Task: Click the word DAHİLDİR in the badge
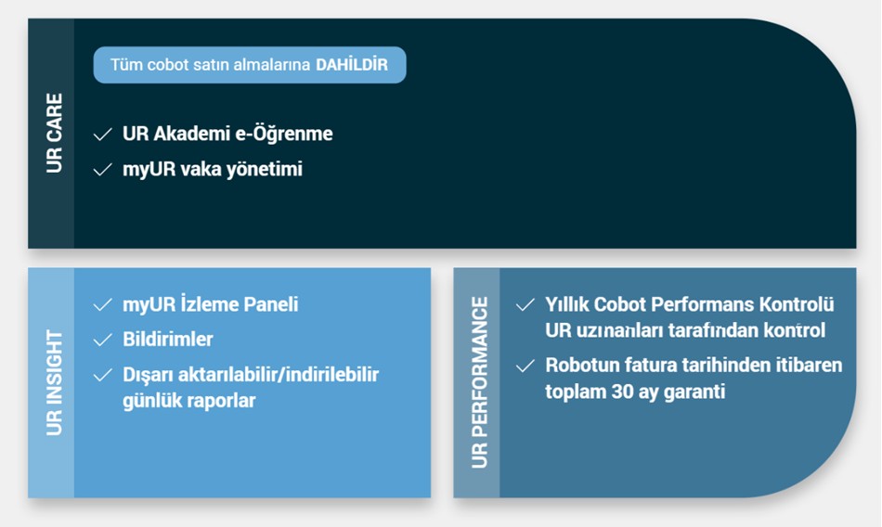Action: coord(352,65)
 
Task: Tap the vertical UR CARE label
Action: coord(54,134)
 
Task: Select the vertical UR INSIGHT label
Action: coord(54,382)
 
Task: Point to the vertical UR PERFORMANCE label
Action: coord(479,382)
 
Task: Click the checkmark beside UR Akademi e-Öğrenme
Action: coord(102,135)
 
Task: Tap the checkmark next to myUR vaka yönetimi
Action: coord(102,169)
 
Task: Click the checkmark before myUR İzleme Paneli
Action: coord(102,305)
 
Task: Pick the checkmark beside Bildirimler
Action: coord(102,340)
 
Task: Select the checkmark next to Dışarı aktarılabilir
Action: coord(102,375)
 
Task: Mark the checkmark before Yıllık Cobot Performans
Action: coord(525,305)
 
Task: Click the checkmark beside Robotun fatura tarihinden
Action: coord(525,366)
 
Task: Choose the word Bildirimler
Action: coord(168,340)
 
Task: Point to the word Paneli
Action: coord(274,304)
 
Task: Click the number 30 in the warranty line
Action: coord(623,392)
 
